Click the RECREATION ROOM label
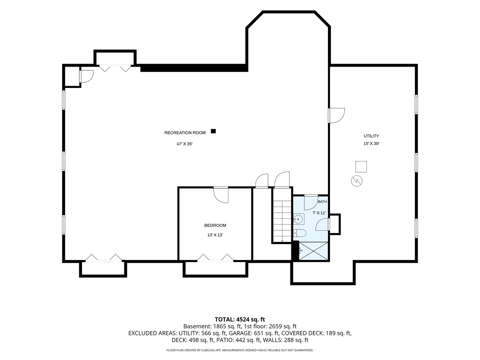185,133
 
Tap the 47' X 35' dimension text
185,144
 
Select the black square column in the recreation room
213,131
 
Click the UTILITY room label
371,136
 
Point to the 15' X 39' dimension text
371,144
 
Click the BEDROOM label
215,225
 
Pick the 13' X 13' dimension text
215,235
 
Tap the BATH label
322,202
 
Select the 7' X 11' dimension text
319,213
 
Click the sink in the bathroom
298,219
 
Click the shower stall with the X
314,251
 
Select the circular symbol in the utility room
357,181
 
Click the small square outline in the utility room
361,167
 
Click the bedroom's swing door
221,195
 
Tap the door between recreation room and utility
336,116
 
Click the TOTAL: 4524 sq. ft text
240,319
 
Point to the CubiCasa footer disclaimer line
240,350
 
